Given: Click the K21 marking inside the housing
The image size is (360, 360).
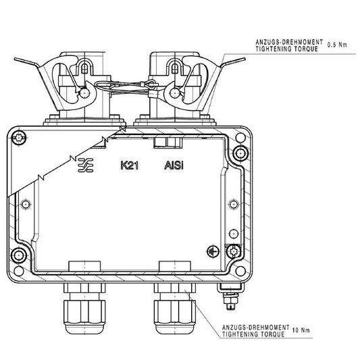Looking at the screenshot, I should point(129,164).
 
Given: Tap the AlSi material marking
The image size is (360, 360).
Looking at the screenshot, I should point(175,164).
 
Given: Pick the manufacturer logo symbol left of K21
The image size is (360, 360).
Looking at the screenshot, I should point(86,164).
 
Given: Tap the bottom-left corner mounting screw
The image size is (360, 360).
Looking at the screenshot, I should point(20,255).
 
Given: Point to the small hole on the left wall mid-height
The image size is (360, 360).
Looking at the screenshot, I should point(26,204).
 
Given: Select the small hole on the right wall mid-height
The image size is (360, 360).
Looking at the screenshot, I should point(234,203).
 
